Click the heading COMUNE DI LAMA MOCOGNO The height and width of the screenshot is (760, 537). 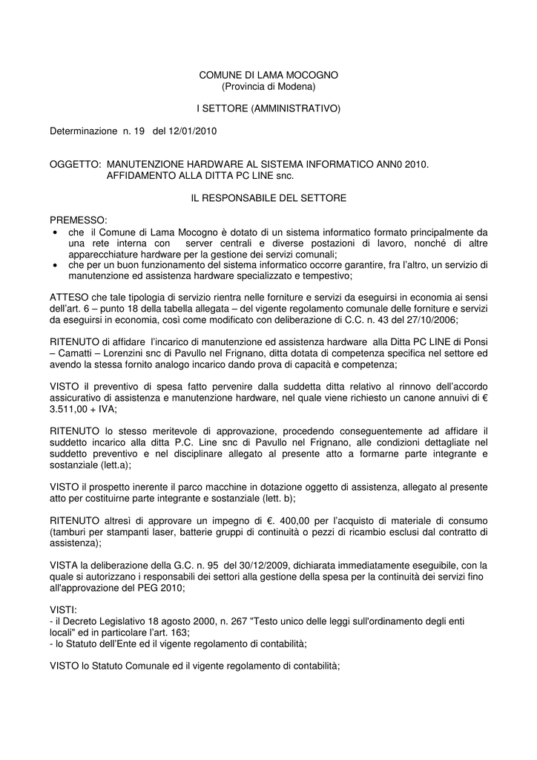[x=268, y=76]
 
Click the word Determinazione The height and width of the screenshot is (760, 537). [x=84, y=131]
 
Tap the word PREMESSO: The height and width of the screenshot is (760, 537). [x=78, y=220]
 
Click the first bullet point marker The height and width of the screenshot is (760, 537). [x=56, y=232]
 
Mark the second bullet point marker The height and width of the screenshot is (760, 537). [x=56, y=265]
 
